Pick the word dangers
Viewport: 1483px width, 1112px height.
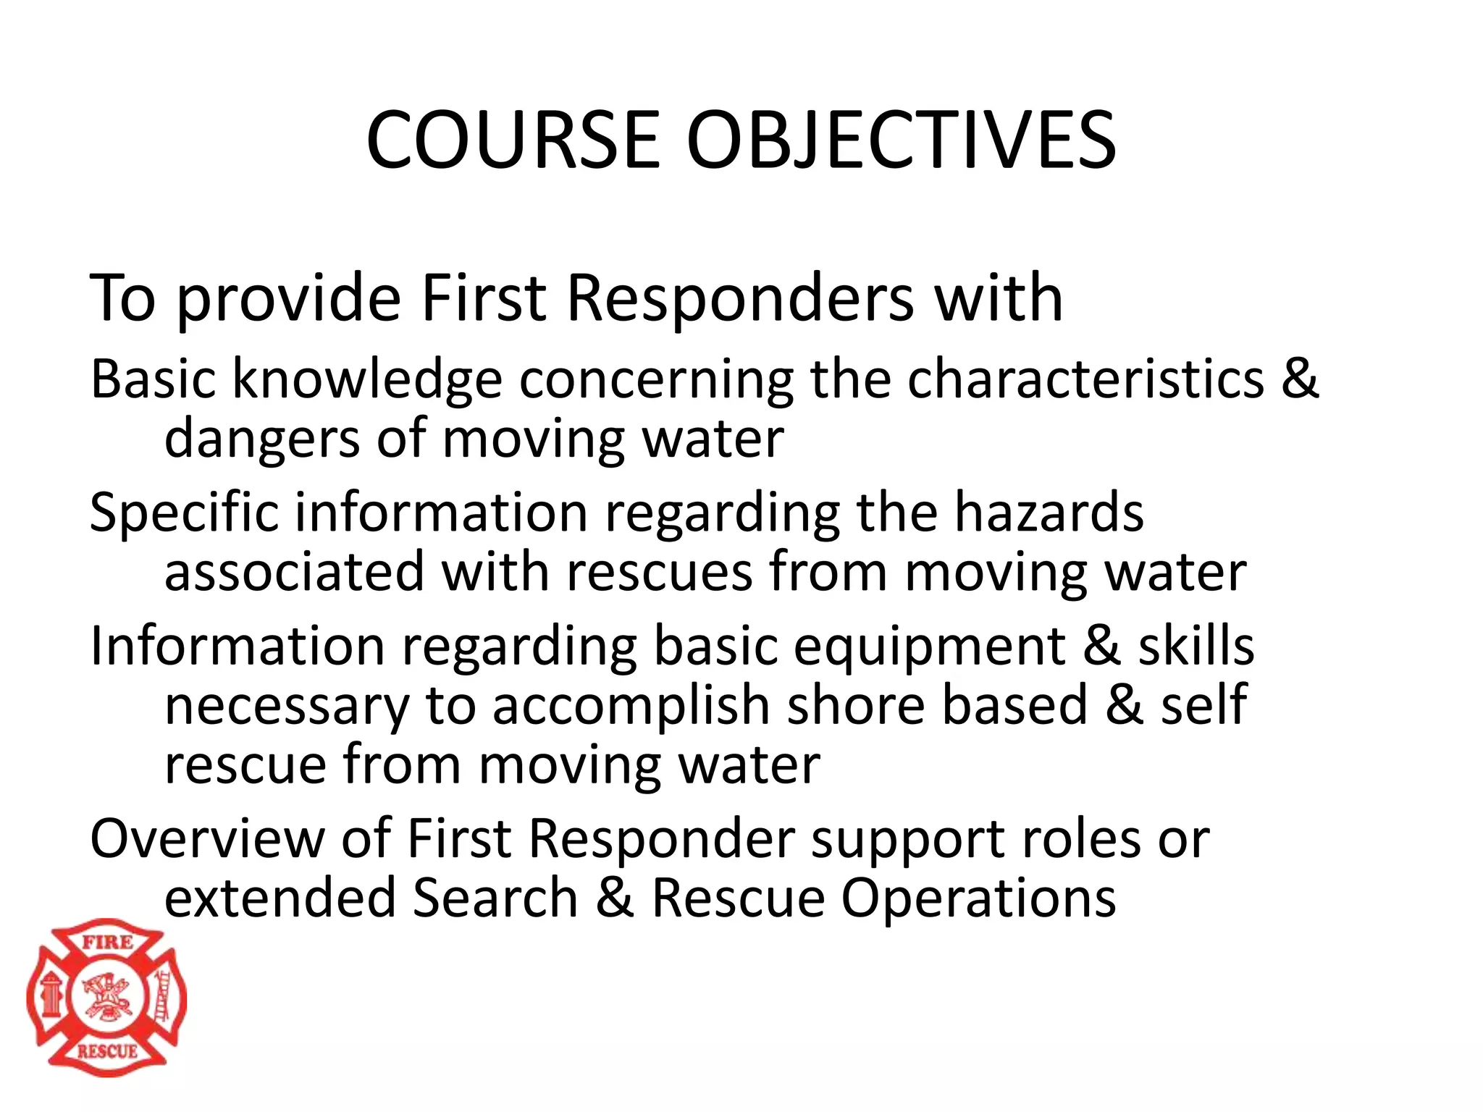(261, 440)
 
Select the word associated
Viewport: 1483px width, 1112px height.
(294, 572)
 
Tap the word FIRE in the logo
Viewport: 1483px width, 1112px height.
(107, 942)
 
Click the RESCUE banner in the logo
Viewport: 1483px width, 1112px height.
(107, 1051)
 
